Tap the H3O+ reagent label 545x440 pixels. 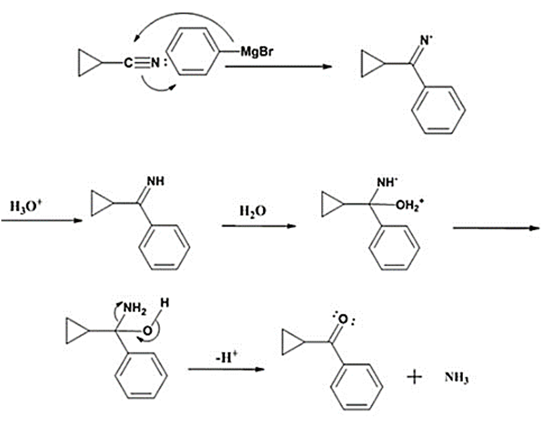coord(26,207)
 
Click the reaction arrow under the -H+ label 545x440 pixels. coord(223,370)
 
